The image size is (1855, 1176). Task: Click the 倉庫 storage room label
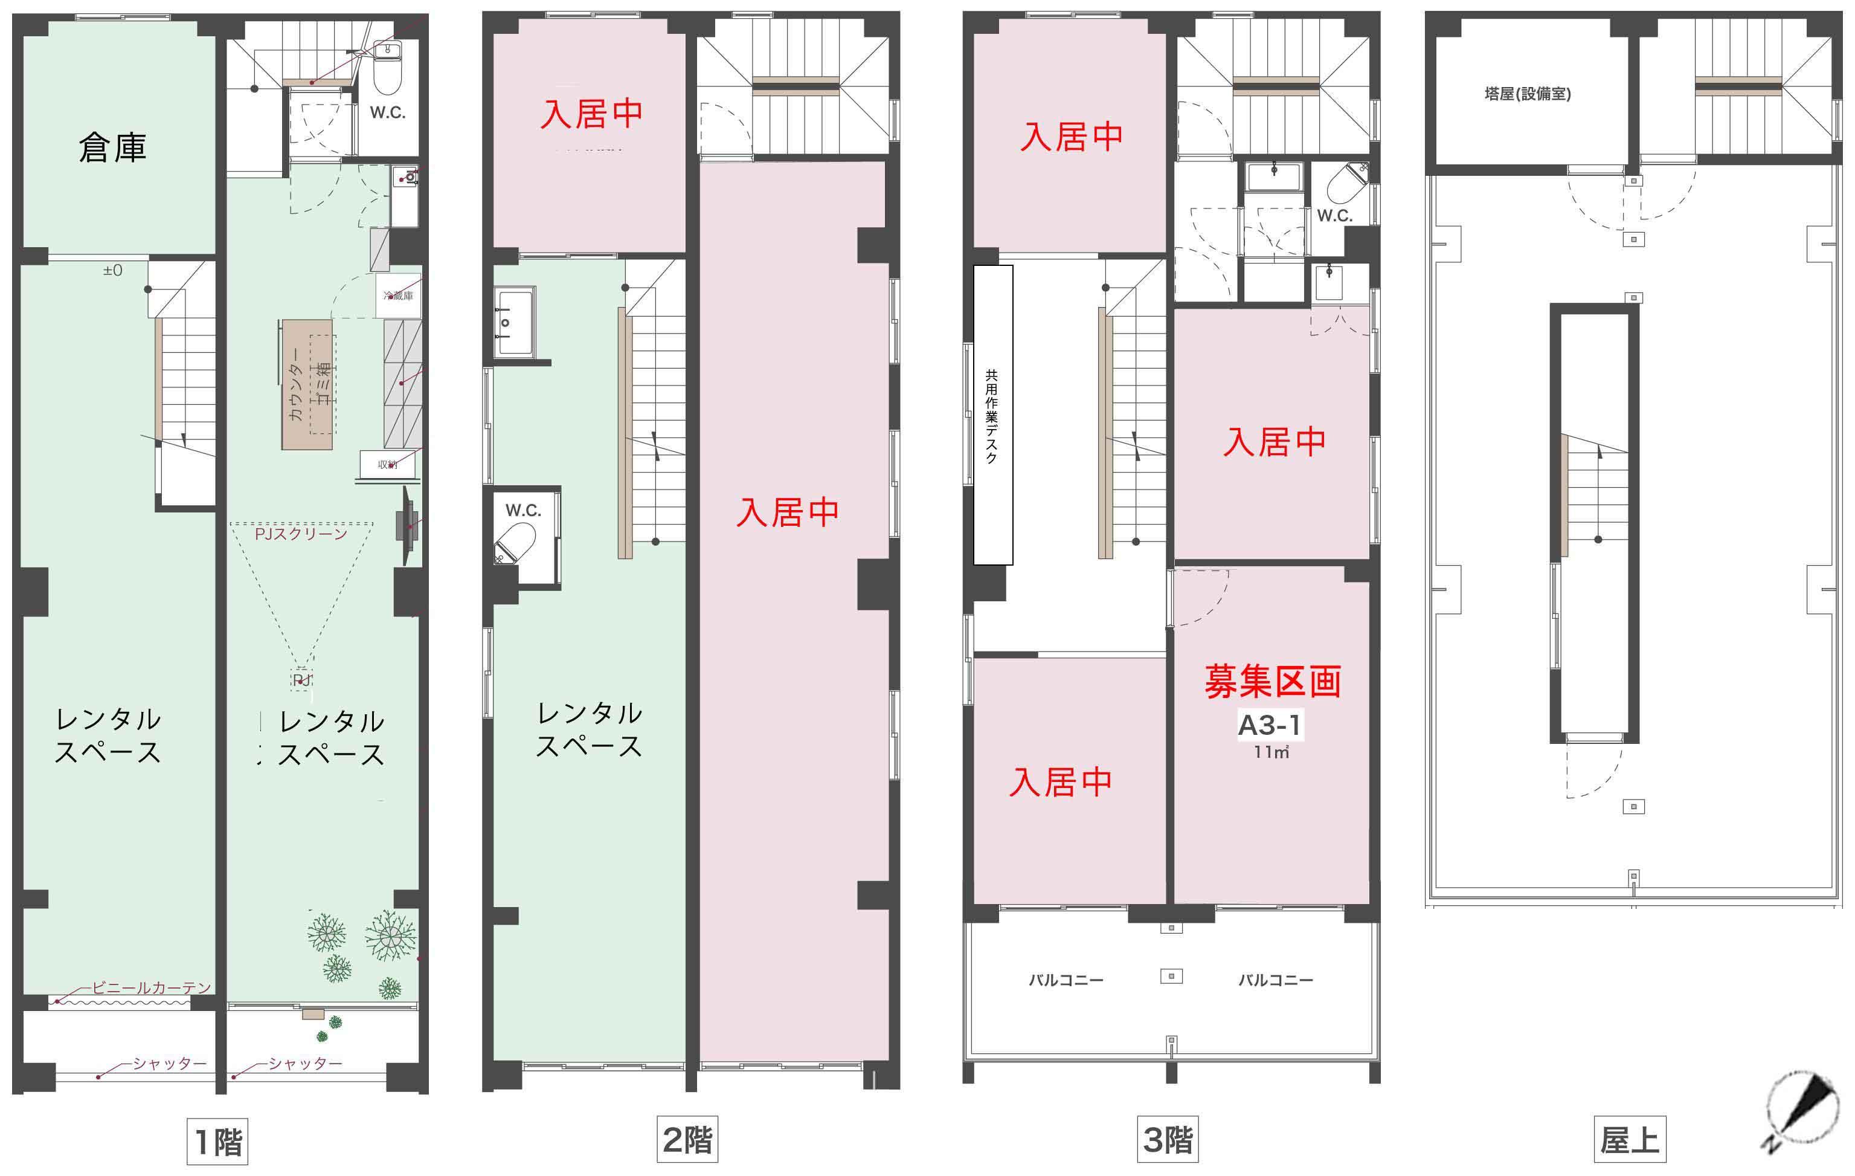pos(112,148)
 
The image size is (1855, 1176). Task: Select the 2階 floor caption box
pos(687,1140)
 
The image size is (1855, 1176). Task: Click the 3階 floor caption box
pos(1167,1140)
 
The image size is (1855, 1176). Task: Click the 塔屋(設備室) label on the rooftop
pos(1527,94)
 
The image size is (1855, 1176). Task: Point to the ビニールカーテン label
pos(151,988)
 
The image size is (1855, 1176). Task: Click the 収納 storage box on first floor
pos(387,465)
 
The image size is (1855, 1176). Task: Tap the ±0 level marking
pos(113,271)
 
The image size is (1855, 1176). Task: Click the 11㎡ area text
pos(1270,752)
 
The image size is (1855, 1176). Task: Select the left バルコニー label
pos(1066,980)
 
